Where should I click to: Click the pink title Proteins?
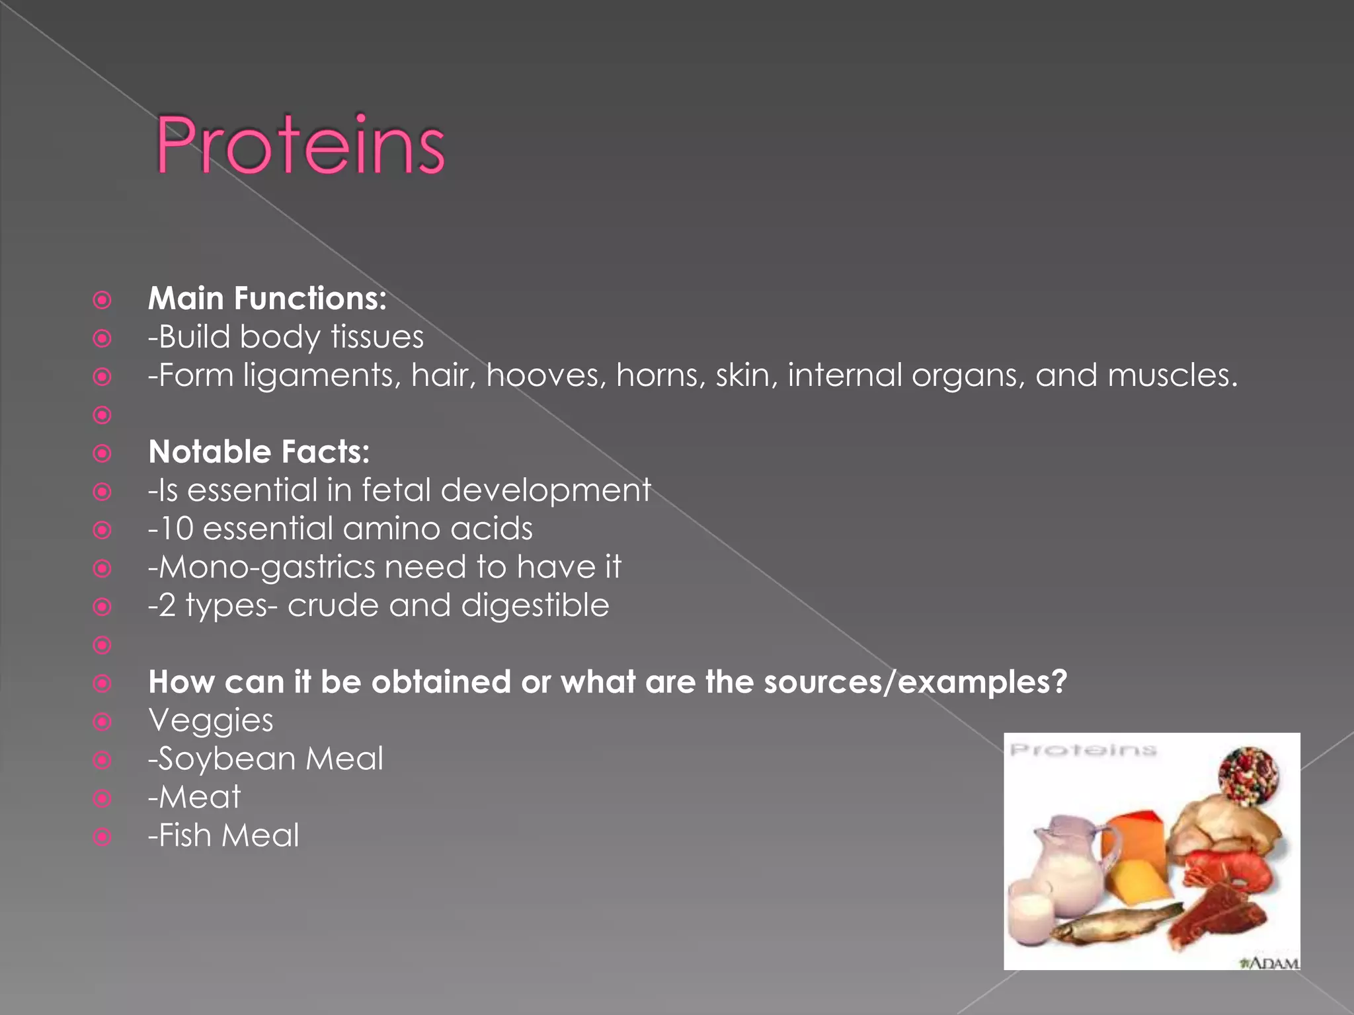[x=299, y=145]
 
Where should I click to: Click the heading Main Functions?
[x=267, y=299]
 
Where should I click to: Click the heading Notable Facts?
[x=259, y=452]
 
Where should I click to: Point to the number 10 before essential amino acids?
[x=177, y=529]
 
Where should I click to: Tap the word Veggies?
[x=210, y=720]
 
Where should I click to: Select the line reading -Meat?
[x=194, y=797]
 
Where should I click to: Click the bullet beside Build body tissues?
[x=102, y=338]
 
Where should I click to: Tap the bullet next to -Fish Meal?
[x=102, y=837]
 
